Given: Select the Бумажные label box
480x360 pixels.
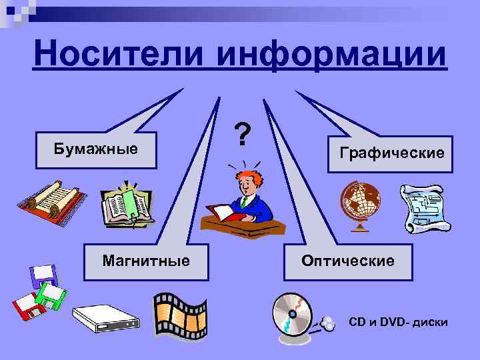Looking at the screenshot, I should [x=96, y=148].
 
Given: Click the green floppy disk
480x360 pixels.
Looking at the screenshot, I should [x=51, y=295].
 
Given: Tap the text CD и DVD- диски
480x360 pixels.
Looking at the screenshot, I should [x=399, y=322].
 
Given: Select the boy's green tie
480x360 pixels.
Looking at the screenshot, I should [x=245, y=201].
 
